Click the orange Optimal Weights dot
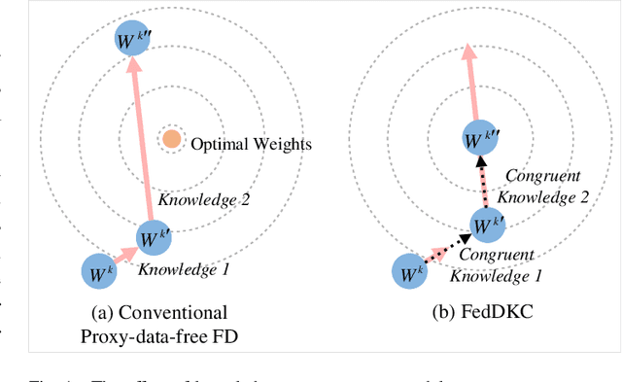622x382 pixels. click(171, 139)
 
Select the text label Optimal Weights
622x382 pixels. click(251, 145)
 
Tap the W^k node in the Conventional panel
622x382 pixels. click(100, 271)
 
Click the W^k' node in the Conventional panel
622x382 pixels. click(154, 237)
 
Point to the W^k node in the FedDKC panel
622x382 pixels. click(409, 271)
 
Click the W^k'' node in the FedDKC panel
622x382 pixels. click(480, 138)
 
